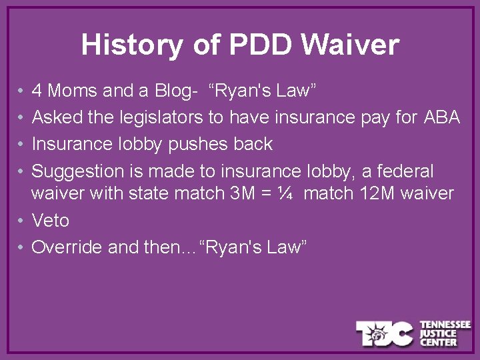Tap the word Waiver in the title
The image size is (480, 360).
(350, 45)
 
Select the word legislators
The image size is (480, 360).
(161, 117)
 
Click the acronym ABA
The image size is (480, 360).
(441, 117)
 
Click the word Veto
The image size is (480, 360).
(51, 221)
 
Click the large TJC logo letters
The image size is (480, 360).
(384, 333)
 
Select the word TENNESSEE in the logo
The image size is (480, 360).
(445, 325)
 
